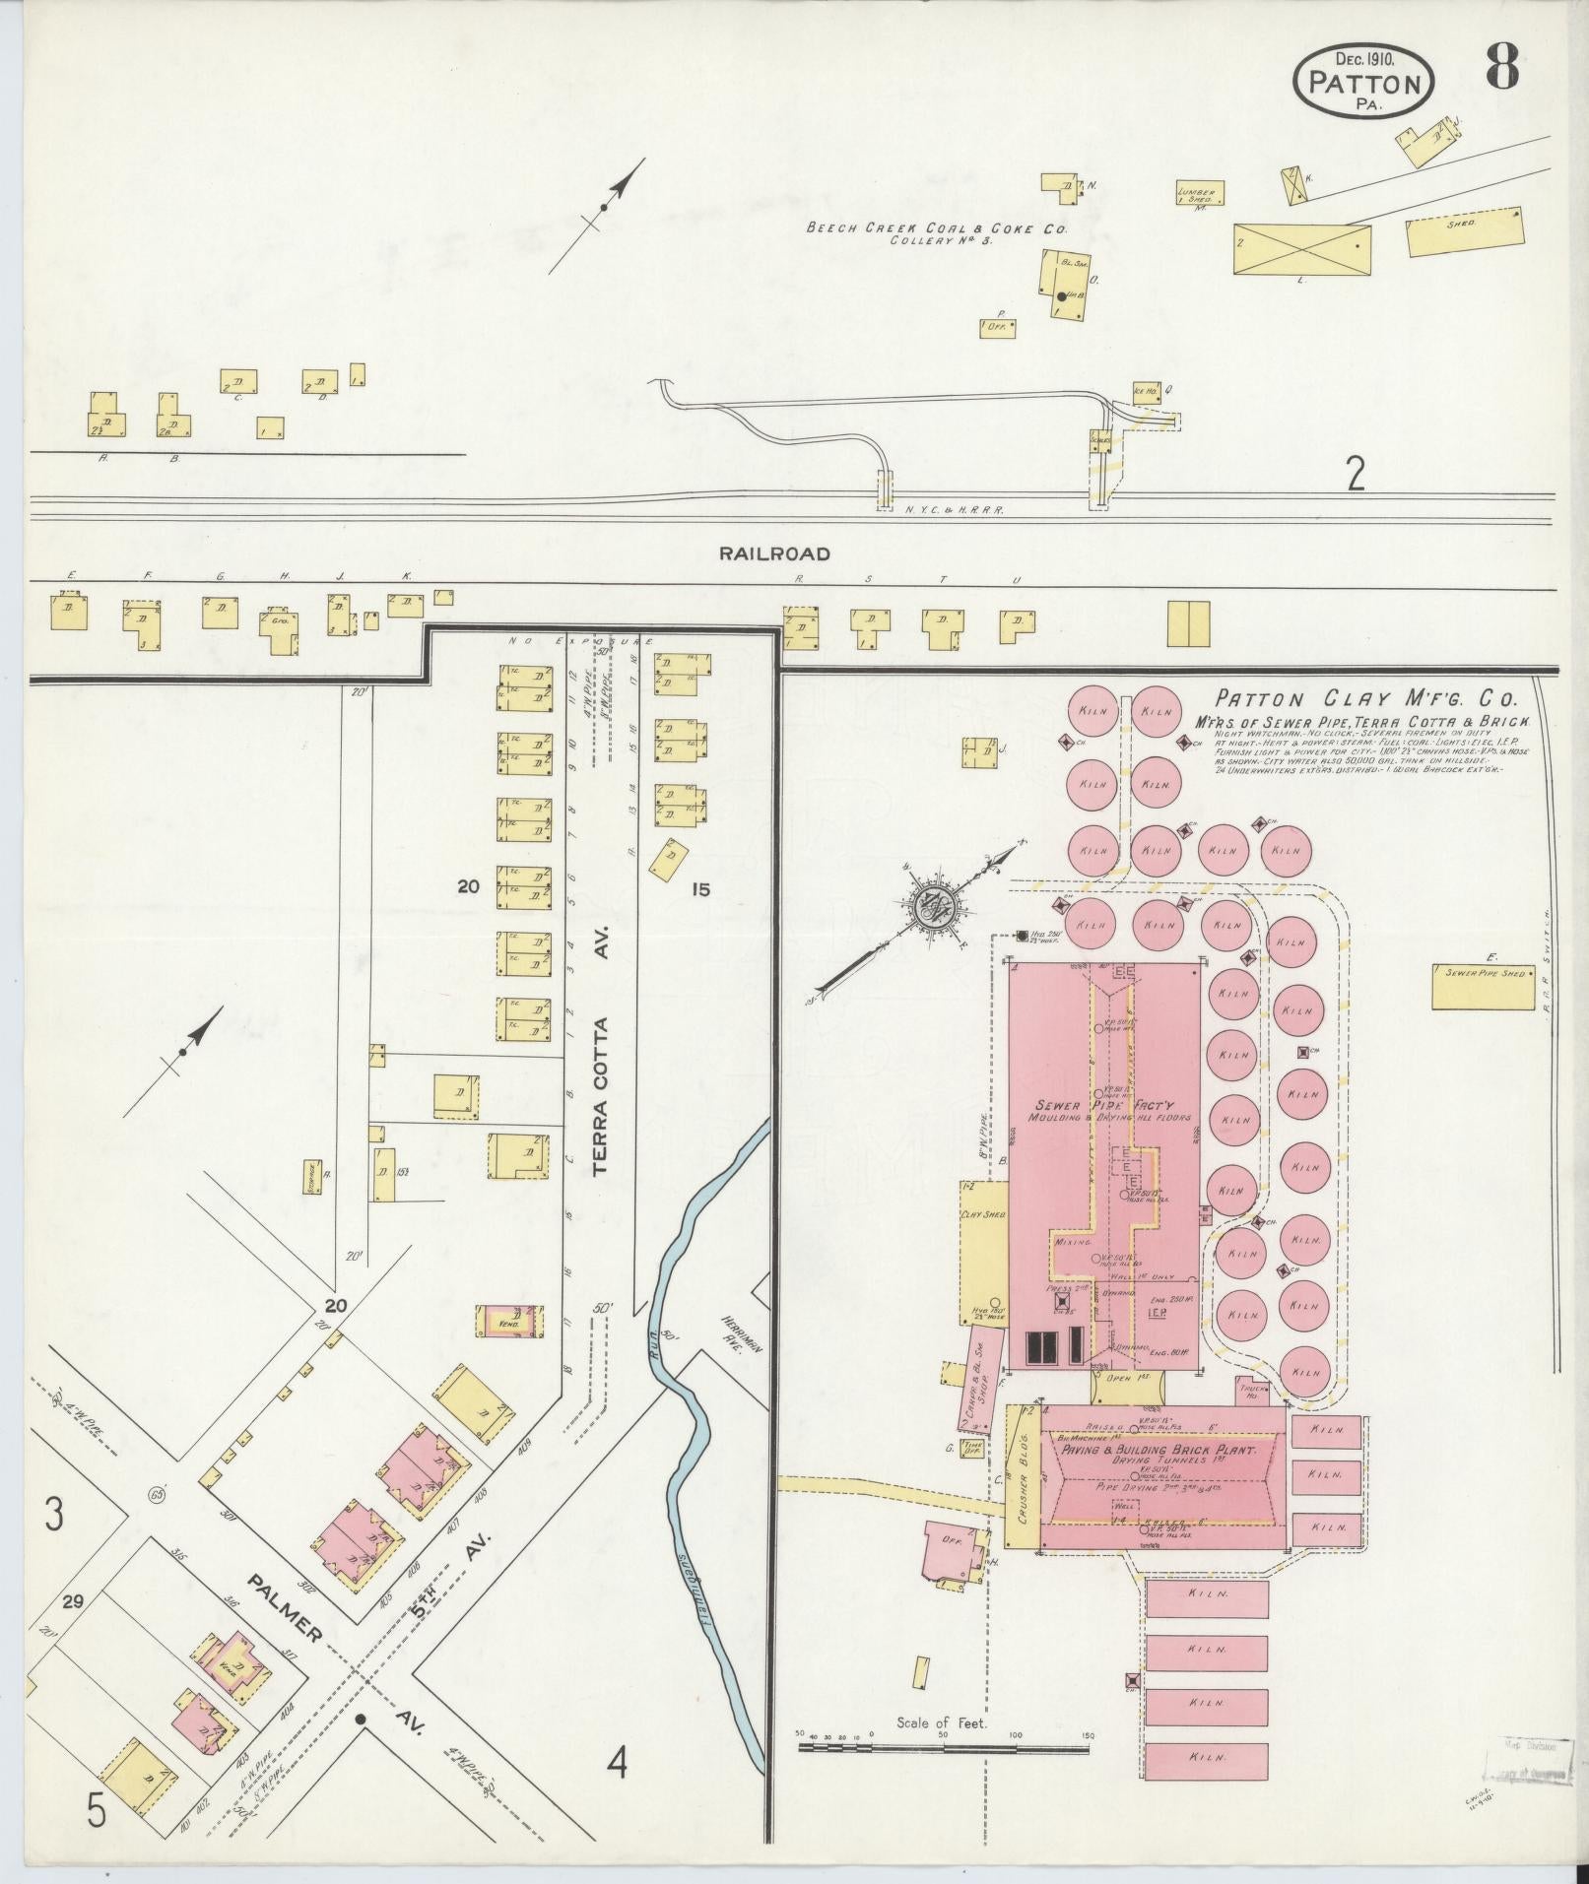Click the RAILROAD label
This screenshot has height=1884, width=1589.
pyautogui.click(x=773, y=553)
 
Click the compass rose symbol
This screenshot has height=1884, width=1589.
pyautogui.click(x=930, y=908)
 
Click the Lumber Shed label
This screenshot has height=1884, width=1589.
pyautogui.click(x=1200, y=194)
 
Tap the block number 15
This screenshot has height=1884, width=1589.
pyautogui.click(x=700, y=889)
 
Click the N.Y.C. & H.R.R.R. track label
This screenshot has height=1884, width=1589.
pyautogui.click(x=953, y=512)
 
